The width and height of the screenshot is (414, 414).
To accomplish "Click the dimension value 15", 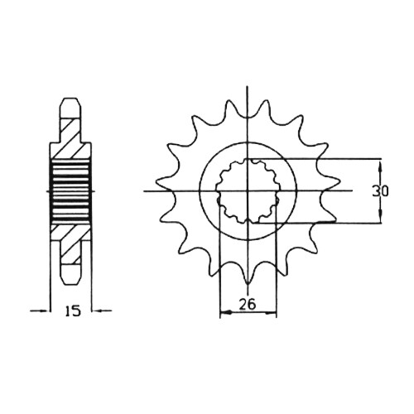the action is tap(73, 311).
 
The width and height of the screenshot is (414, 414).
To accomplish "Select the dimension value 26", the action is tap(248, 305).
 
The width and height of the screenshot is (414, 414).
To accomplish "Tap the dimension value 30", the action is tap(380, 191).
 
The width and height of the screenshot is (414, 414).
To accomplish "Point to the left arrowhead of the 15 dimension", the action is tap(43, 311).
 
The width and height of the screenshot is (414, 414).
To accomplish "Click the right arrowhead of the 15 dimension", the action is tap(98, 311).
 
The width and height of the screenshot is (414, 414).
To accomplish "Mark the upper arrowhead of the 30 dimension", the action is tap(381, 166).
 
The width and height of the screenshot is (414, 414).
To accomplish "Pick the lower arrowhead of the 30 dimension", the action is tap(381, 216).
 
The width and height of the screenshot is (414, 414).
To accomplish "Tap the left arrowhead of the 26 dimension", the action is tap(226, 313).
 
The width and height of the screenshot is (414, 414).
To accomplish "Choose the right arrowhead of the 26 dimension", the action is tap(270, 313).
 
